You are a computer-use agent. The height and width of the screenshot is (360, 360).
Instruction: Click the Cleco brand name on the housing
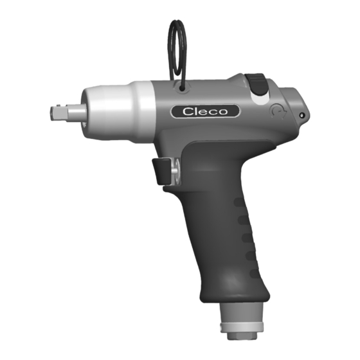tap(205, 112)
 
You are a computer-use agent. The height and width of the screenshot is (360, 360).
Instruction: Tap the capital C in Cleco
tap(188, 112)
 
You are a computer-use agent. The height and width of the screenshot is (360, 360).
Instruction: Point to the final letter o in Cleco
tap(222, 113)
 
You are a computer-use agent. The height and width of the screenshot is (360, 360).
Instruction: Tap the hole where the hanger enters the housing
tap(183, 89)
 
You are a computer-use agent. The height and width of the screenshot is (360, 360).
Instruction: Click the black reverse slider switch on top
tap(257, 84)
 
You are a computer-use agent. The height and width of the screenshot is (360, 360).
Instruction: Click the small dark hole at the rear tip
tap(302, 115)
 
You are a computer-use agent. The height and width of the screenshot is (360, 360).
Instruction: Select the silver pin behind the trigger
tap(175, 170)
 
